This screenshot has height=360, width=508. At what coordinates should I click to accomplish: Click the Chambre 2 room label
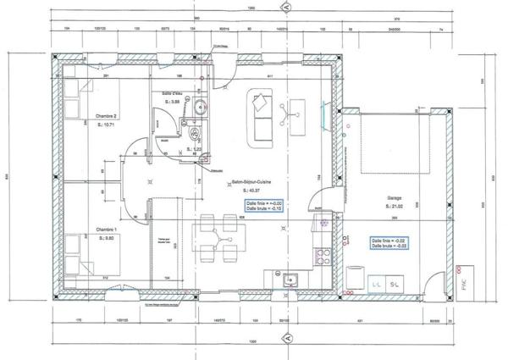click(x=106, y=116)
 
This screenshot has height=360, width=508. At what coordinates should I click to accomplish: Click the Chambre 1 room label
click(x=105, y=230)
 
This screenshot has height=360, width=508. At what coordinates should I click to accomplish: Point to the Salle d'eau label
click(x=174, y=94)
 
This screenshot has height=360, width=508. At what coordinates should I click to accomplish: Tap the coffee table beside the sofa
click(x=295, y=111)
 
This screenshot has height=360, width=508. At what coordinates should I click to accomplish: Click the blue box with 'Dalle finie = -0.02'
click(x=389, y=242)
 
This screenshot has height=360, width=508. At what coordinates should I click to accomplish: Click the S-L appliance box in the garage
click(x=396, y=285)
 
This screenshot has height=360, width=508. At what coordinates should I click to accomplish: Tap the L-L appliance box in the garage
click(x=374, y=285)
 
